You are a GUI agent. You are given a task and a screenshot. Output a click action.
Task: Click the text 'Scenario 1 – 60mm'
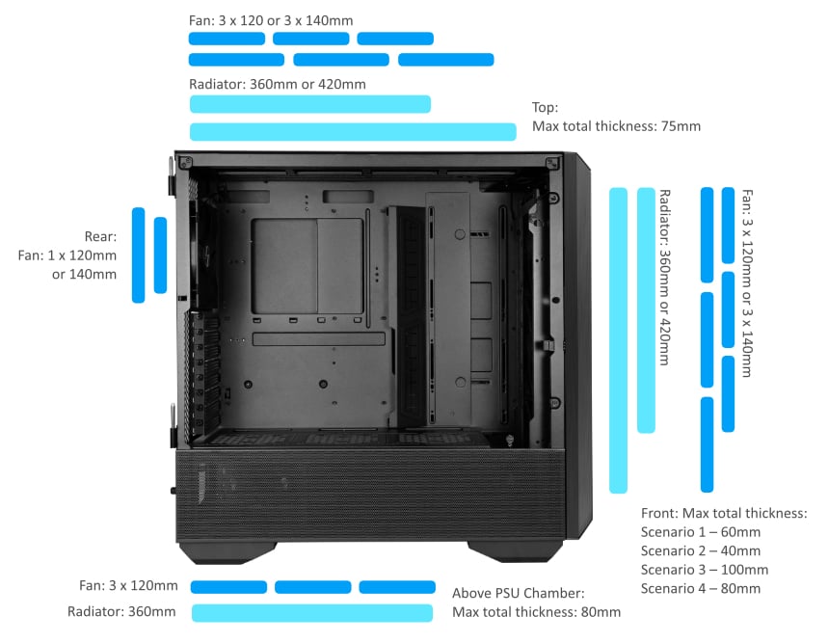700,532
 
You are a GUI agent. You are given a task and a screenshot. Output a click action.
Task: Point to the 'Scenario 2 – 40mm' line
700,550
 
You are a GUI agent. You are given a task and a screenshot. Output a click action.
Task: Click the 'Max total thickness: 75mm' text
616,126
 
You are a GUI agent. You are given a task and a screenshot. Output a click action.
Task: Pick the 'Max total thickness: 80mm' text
536,612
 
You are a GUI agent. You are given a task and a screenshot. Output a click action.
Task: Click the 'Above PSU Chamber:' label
518,593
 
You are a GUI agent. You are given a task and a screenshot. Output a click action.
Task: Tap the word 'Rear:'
100,236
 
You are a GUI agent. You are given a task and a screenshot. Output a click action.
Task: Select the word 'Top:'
546,108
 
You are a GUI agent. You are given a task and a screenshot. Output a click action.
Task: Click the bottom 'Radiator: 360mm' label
121,612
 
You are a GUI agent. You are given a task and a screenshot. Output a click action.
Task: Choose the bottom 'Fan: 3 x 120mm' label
128,586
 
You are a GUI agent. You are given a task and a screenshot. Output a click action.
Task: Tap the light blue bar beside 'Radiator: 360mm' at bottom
311,612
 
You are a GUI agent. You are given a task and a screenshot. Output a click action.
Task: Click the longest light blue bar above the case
353,132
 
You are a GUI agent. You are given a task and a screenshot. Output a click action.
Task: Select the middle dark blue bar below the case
311,587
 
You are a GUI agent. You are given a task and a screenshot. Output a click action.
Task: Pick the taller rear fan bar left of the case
138,255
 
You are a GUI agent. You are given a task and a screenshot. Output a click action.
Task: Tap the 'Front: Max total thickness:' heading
724,514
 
